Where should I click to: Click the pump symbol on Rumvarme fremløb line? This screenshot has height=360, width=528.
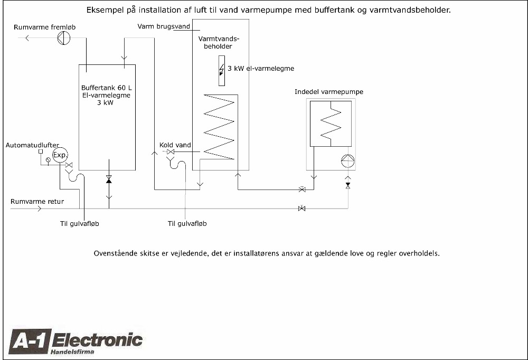64,37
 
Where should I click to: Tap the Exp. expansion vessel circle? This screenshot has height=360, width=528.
60,155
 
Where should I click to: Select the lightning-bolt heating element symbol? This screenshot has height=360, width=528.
222,70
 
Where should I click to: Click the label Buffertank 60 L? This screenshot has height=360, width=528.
107,88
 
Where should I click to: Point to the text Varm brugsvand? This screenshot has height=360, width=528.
164,26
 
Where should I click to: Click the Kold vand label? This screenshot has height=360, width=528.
175,145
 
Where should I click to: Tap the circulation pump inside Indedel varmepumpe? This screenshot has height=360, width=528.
348,160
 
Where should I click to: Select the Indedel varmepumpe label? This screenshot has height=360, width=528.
329,92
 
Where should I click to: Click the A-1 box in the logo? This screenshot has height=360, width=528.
30,342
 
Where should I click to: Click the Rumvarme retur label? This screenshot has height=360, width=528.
37,202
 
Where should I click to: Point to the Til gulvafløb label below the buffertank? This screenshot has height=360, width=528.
80,224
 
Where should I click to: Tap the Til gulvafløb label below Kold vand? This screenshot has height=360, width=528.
187,224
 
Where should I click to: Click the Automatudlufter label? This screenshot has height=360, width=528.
32,145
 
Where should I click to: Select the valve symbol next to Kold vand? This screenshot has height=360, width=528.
171,152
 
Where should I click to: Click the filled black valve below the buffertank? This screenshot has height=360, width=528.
108,179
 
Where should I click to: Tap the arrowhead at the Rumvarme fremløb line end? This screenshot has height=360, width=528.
27,38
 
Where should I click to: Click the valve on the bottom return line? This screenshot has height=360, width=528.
301,209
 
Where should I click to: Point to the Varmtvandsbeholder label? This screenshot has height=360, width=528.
219,42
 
